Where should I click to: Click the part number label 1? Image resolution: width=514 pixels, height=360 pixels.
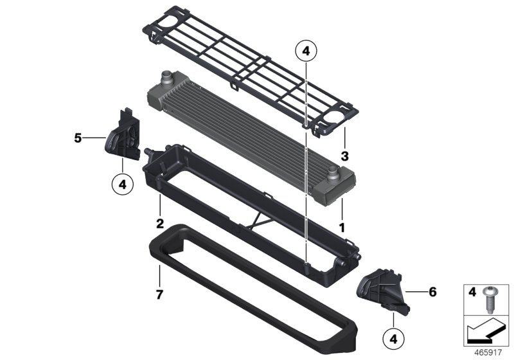point(342,228)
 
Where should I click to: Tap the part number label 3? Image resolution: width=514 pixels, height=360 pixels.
point(344,156)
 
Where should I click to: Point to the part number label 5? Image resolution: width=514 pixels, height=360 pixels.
point(78,138)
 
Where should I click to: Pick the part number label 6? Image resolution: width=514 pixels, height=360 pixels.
point(432,292)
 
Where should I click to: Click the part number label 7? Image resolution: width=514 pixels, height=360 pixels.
point(159,294)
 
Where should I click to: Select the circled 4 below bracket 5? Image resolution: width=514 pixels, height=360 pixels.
point(123,184)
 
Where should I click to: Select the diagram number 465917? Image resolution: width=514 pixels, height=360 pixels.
point(490,353)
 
